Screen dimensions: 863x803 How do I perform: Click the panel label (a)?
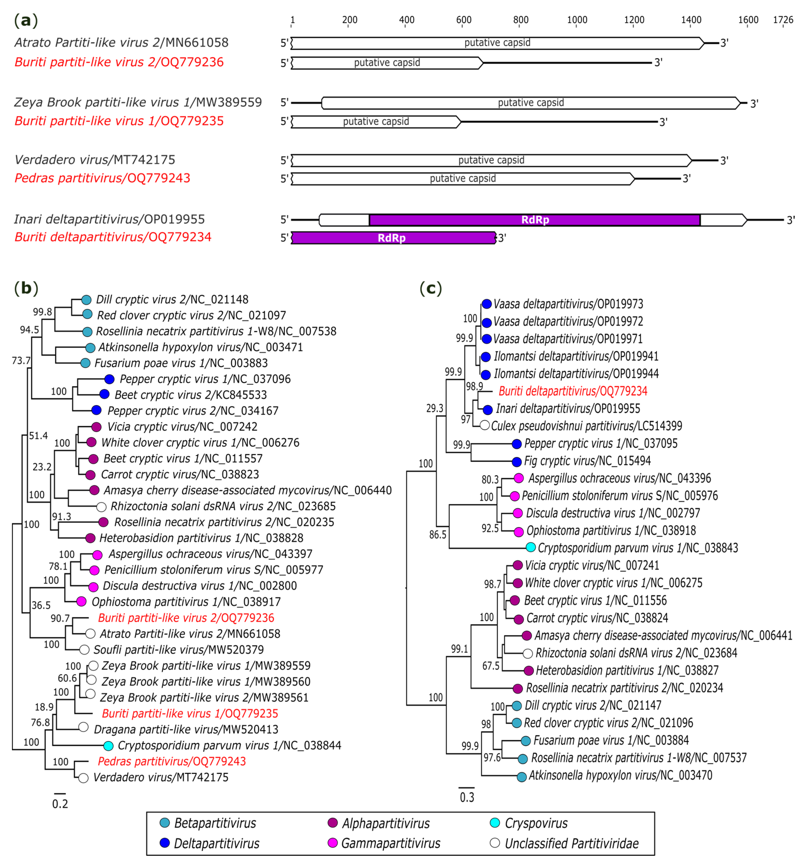[x=26, y=20]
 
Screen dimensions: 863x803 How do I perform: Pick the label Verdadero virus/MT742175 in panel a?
[x=95, y=160]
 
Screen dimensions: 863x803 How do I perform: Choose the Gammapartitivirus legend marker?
[x=332, y=843]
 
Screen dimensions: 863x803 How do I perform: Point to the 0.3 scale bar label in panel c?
[x=467, y=797]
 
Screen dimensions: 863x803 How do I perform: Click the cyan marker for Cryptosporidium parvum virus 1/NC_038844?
[x=108, y=746]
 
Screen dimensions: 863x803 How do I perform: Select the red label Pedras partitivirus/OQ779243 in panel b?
[x=172, y=761]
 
